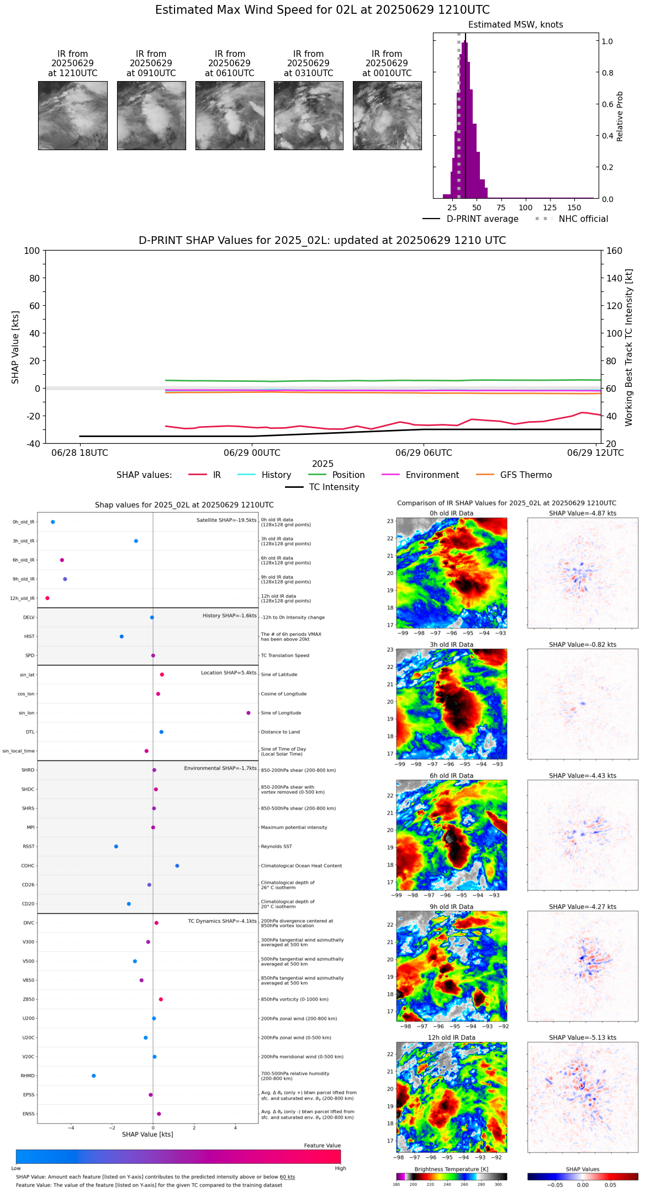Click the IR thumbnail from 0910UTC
tap(151, 115)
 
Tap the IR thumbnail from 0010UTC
tap(387, 115)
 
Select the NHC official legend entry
tap(583, 219)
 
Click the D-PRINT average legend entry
tap(482, 219)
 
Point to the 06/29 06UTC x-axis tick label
tap(424, 453)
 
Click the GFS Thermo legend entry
tap(526, 475)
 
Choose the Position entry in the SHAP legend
tap(348, 475)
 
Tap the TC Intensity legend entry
tap(334, 487)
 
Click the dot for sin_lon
tap(249, 713)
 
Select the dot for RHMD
tap(94, 1076)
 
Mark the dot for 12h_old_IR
tap(47, 598)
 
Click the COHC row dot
tap(177, 866)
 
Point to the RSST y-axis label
tap(28, 847)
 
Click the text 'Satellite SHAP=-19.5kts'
tap(226, 520)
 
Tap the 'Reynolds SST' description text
tap(276, 847)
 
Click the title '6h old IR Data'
tap(451, 776)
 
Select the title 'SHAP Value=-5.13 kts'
tap(583, 1038)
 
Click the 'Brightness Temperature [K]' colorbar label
tap(451, 1169)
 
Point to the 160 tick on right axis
tap(615, 251)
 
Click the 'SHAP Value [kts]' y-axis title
tap(15, 347)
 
